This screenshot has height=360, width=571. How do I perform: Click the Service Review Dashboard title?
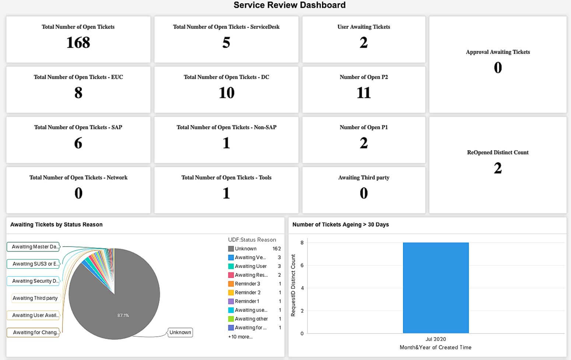[x=290, y=5]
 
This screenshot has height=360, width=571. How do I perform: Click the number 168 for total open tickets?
[x=78, y=43]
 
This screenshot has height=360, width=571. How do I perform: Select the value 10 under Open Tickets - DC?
[x=226, y=93]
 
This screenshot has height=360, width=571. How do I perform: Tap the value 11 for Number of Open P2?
[x=364, y=93]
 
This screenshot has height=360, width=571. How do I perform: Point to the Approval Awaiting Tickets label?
[x=498, y=52]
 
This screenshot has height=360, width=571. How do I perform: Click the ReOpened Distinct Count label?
[x=498, y=152]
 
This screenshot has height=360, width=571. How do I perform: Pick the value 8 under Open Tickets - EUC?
[x=78, y=93]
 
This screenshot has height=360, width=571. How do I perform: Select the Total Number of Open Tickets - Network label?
[x=78, y=177]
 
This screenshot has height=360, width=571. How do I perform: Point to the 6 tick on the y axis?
[x=302, y=265]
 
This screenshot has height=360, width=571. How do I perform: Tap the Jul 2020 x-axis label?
[x=435, y=339]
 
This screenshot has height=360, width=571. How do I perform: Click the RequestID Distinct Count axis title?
[x=293, y=285]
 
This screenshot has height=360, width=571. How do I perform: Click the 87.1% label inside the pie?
[x=123, y=315]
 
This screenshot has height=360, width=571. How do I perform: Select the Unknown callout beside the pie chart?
[x=180, y=332]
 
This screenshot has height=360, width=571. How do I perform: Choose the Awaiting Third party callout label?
[x=35, y=298]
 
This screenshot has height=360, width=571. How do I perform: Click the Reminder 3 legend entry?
[x=248, y=284]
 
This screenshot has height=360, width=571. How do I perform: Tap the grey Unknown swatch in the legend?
[x=231, y=249]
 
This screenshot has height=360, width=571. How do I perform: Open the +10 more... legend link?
[x=240, y=337]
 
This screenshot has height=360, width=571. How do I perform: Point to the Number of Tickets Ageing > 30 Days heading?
[x=340, y=225]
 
